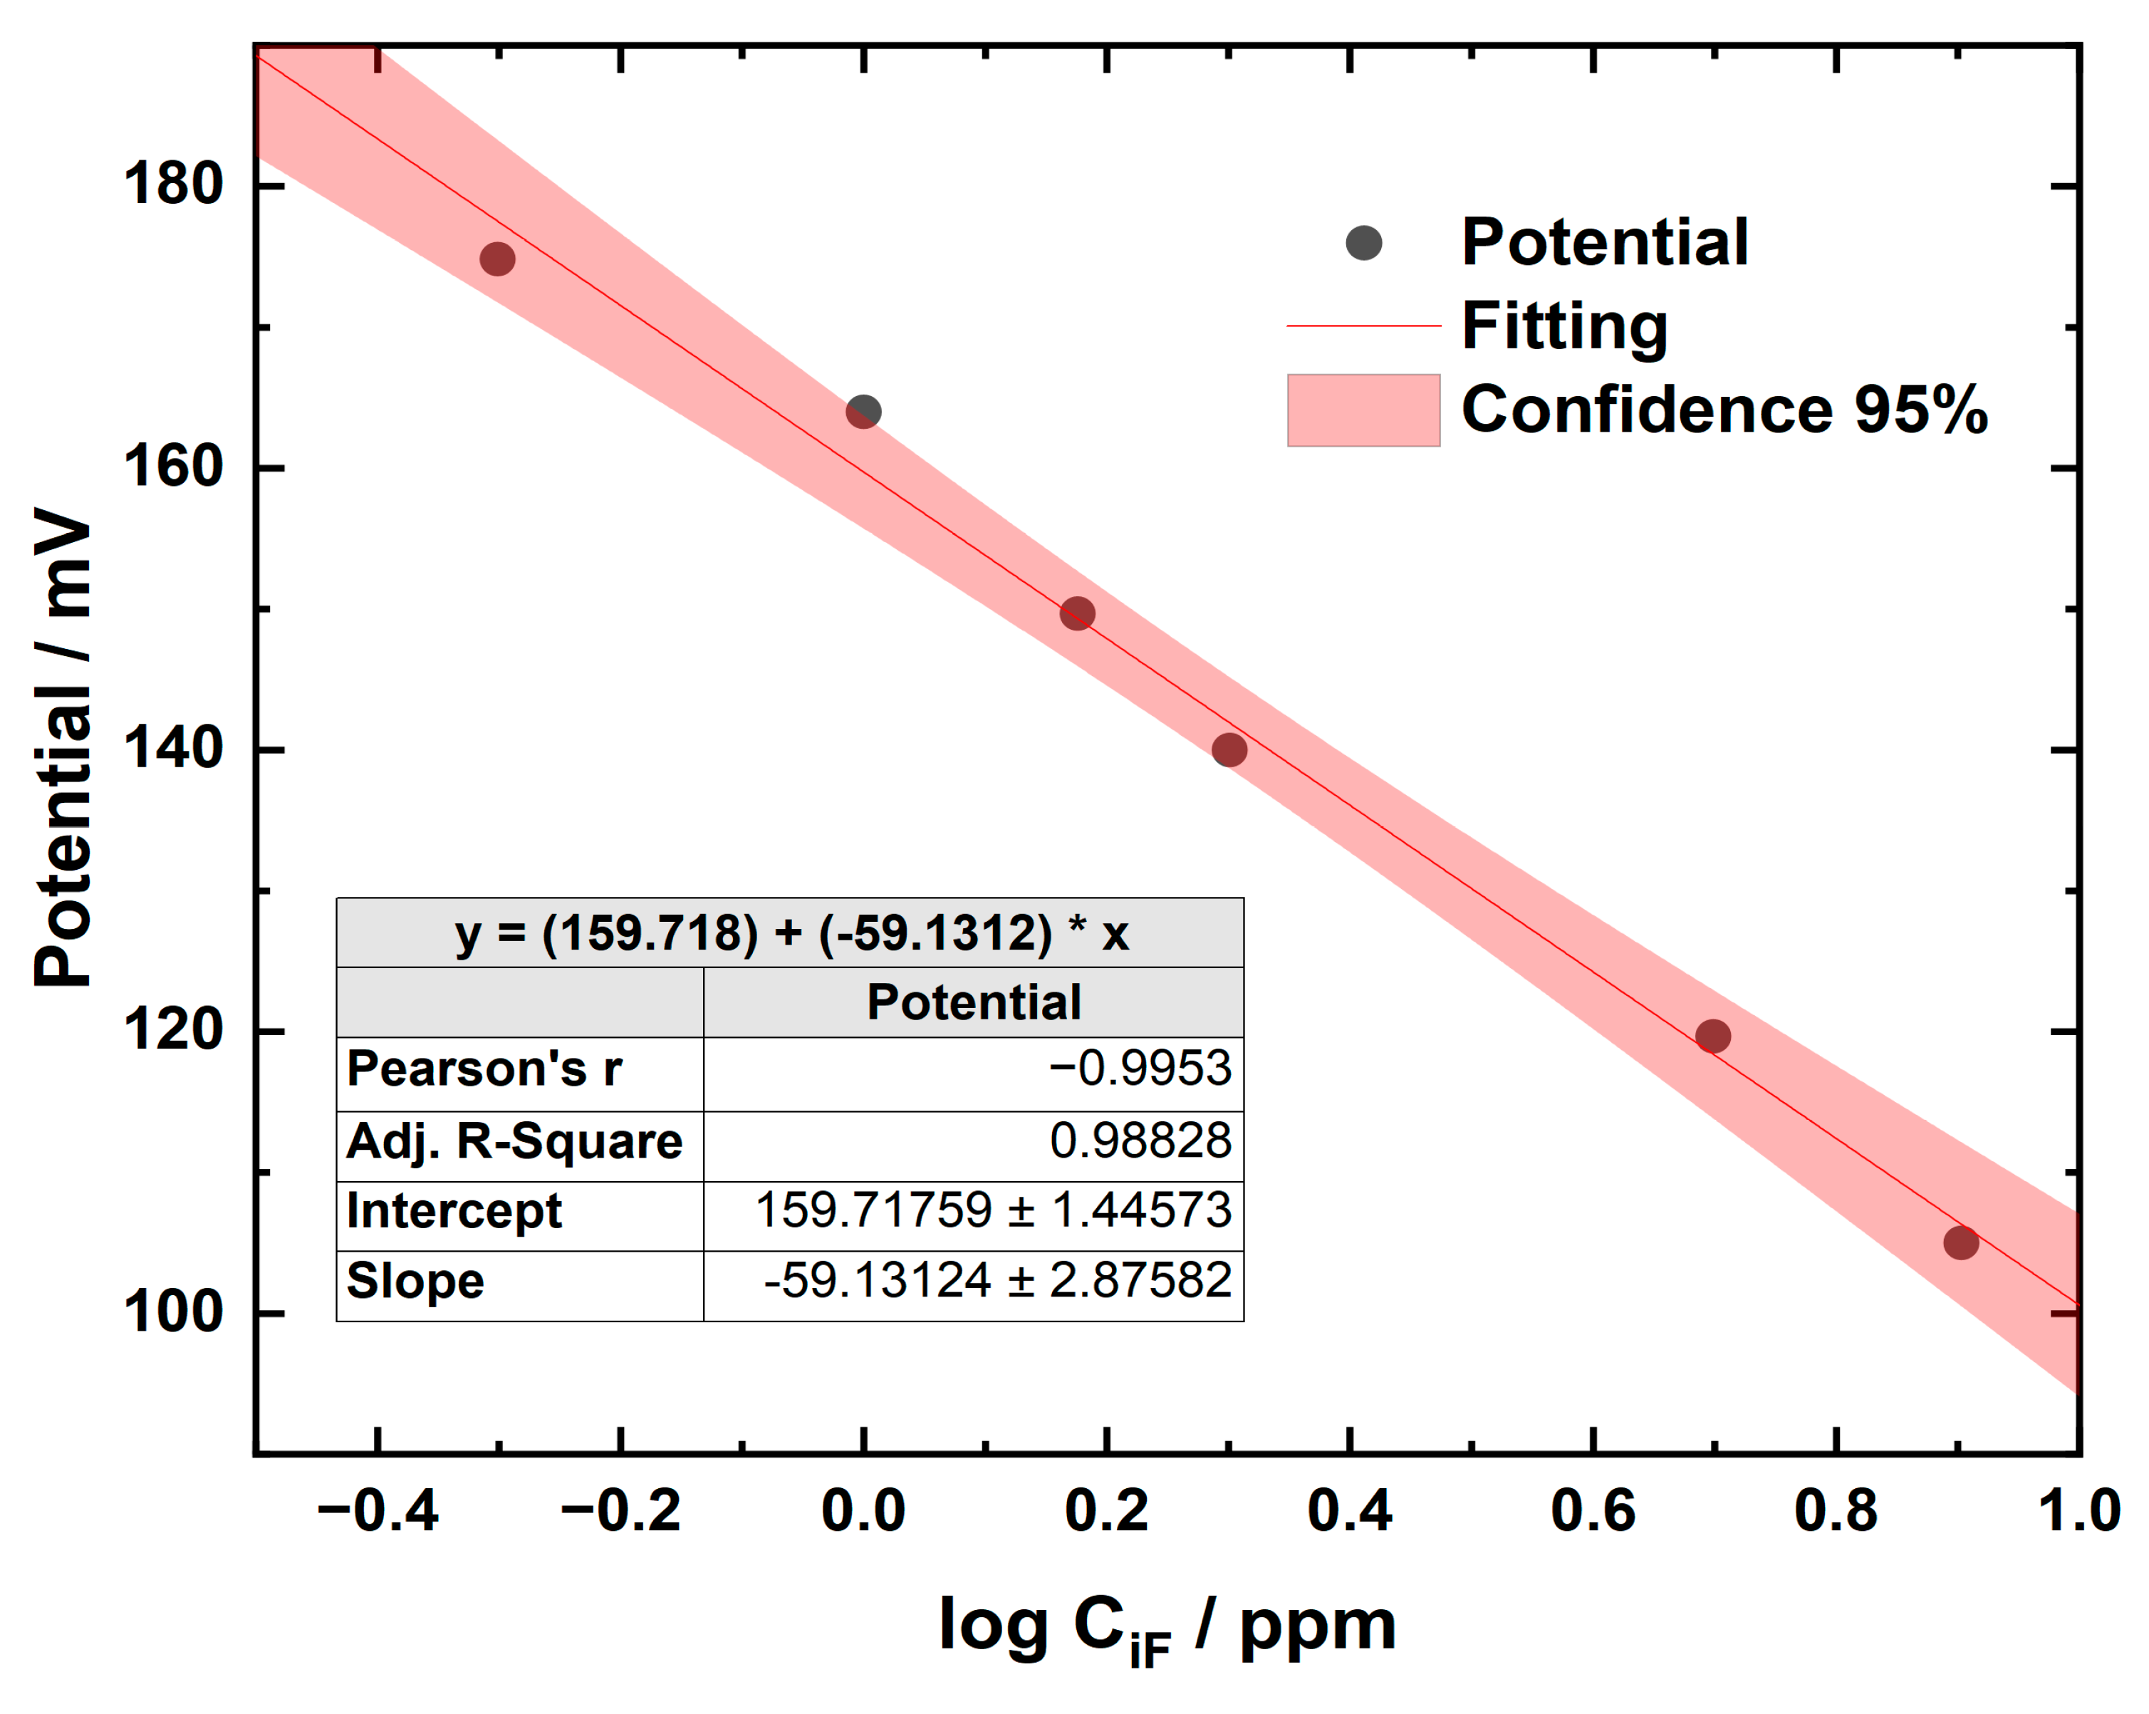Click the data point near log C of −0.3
(497, 259)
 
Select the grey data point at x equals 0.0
(863, 412)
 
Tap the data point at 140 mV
(1229, 750)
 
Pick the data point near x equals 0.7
(1712, 1036)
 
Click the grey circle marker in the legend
(1363, 242)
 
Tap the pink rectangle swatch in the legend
(1363, 410)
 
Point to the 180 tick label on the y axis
(172, 185)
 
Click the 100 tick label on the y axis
(172, 1312)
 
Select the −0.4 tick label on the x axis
(377, 1510)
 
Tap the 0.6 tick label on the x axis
(1593, 1510)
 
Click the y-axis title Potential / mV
(62, 748)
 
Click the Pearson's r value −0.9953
(1139, 1069)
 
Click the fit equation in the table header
(791, 933)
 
